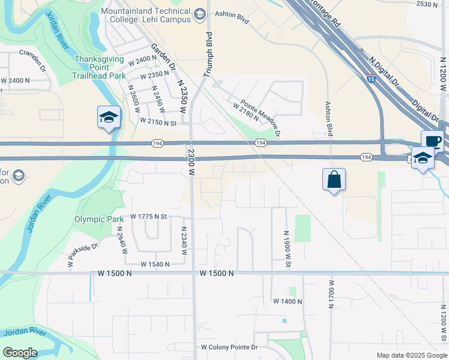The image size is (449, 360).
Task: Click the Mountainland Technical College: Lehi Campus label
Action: coord(145,15)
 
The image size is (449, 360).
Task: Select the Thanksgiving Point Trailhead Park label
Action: coord(99,67)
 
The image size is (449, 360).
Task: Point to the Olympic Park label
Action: coord(99,219)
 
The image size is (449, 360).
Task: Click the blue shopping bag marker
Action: coord(334,180)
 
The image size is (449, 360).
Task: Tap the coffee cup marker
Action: coord(432,142)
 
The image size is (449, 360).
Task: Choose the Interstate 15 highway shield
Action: coord(372,77)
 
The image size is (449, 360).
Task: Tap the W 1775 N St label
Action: coord(146,216)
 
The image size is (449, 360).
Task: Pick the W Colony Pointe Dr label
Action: coord(229,347)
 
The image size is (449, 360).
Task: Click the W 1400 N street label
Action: coord(287,301)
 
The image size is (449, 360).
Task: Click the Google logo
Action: coord(20,353)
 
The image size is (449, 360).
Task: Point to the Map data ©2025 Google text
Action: coord(411,355)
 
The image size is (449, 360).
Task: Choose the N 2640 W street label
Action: coord(122,241)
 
